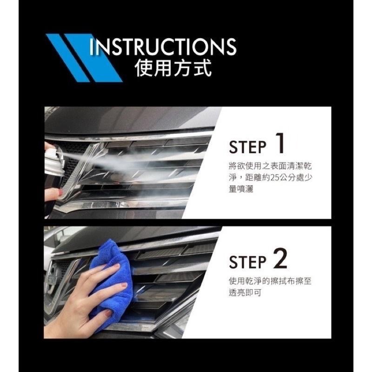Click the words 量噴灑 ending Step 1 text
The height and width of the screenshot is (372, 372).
coord(241,189)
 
